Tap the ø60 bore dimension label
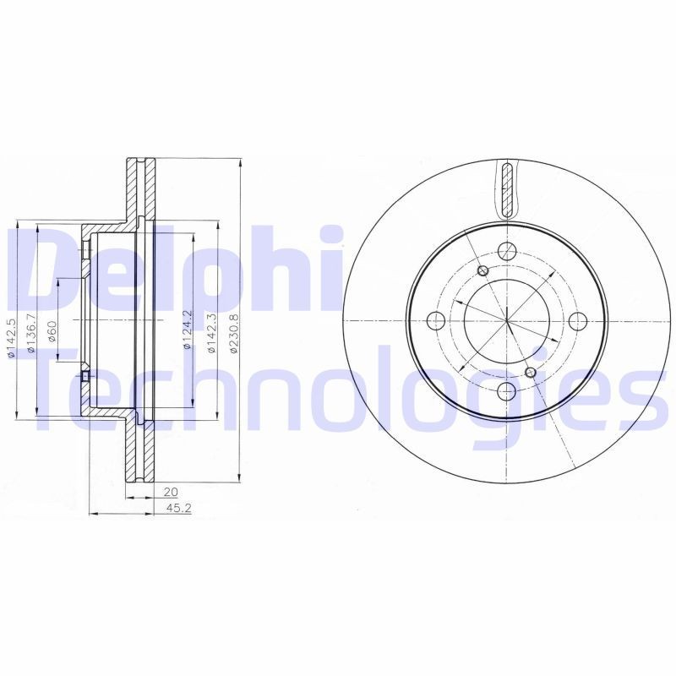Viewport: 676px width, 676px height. (52, 331)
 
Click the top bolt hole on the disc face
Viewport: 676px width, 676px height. (507, 251)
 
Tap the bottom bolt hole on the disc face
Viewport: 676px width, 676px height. (507, 390)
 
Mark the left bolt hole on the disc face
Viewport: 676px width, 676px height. (437, 321)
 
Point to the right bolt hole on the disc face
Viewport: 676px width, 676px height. (577, 321)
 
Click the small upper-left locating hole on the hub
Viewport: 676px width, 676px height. (482, 270)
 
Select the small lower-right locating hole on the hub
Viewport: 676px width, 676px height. (531, 372)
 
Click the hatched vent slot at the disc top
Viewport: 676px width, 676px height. (506, 189)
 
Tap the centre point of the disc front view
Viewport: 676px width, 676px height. (507, 321)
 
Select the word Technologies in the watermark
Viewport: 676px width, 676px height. (338, 393)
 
